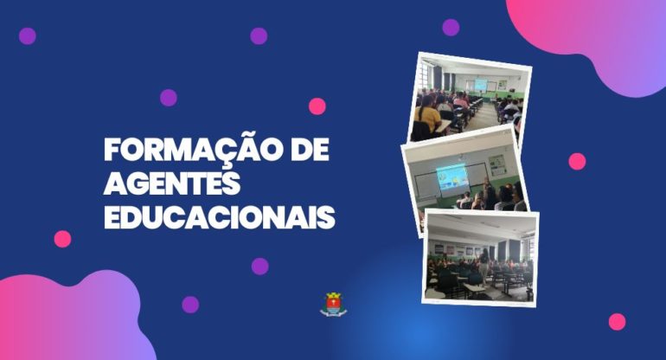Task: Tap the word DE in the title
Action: pos(304,150)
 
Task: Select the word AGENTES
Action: pos(172,183)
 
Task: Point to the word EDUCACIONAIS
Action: pos(220,217)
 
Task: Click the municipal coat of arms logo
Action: pos(333,305)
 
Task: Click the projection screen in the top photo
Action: pos(481,84)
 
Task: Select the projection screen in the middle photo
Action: pos(452,179)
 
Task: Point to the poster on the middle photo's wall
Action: pos(497,165)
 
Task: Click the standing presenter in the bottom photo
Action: pos(483,266)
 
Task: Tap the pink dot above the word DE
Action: pos(317,106)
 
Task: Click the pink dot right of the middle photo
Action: pos(577,162)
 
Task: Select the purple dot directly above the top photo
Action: pos(451,27)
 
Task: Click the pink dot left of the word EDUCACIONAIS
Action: pos(62,239)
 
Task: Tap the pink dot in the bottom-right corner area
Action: pos(618,322)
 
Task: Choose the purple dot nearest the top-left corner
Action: pos(27,36)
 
